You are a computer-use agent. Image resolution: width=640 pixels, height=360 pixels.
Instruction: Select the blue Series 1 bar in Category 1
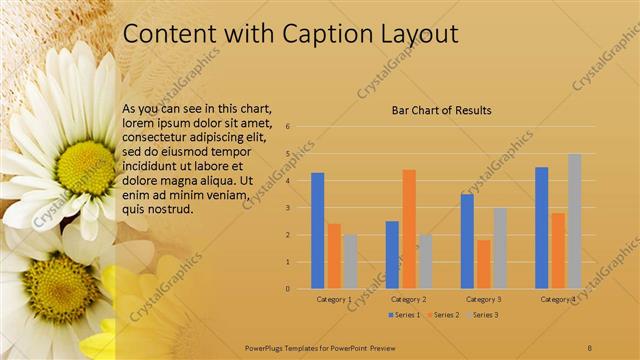point(317,230)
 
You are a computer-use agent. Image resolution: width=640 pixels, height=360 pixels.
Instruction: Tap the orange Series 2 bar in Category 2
point(408,228)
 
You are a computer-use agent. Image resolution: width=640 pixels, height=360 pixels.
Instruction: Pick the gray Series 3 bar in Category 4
point(574,221)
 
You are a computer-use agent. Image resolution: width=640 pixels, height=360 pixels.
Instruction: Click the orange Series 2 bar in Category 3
point(484,264)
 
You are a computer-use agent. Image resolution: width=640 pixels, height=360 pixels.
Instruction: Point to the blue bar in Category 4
point(541,227)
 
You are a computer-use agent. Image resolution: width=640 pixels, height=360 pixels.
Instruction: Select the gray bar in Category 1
point(350,261)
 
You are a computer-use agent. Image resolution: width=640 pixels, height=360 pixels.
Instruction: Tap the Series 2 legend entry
point(444,314)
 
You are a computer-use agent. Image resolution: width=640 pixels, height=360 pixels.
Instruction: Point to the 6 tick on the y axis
point(288,127)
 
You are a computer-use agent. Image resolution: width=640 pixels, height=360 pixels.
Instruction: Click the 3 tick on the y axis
point(288,208)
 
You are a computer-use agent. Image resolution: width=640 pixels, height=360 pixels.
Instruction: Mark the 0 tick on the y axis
point(288,289)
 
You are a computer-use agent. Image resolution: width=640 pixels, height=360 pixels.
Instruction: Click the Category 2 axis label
point(408,299)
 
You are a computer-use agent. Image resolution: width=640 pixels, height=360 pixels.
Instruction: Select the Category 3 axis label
point(484,299)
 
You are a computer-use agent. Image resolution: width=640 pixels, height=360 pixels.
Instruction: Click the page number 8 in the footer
point(590,345)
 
